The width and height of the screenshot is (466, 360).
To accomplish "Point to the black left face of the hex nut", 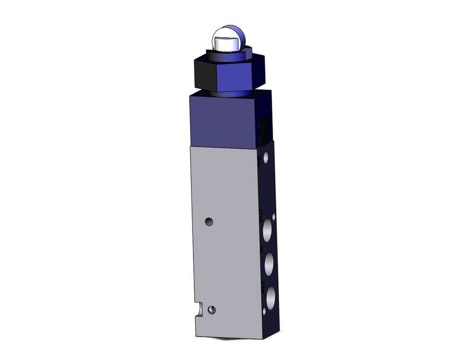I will click(203, 72).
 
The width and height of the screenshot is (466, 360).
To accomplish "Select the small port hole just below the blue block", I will click(266, 158).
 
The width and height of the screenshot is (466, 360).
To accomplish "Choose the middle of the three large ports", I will click(269, 263).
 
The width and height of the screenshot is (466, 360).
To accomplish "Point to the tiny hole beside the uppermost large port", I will click(274, 217).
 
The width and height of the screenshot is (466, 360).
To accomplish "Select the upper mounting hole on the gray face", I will click(210, 221).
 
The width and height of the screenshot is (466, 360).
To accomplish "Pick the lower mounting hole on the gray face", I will click(212, 309).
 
